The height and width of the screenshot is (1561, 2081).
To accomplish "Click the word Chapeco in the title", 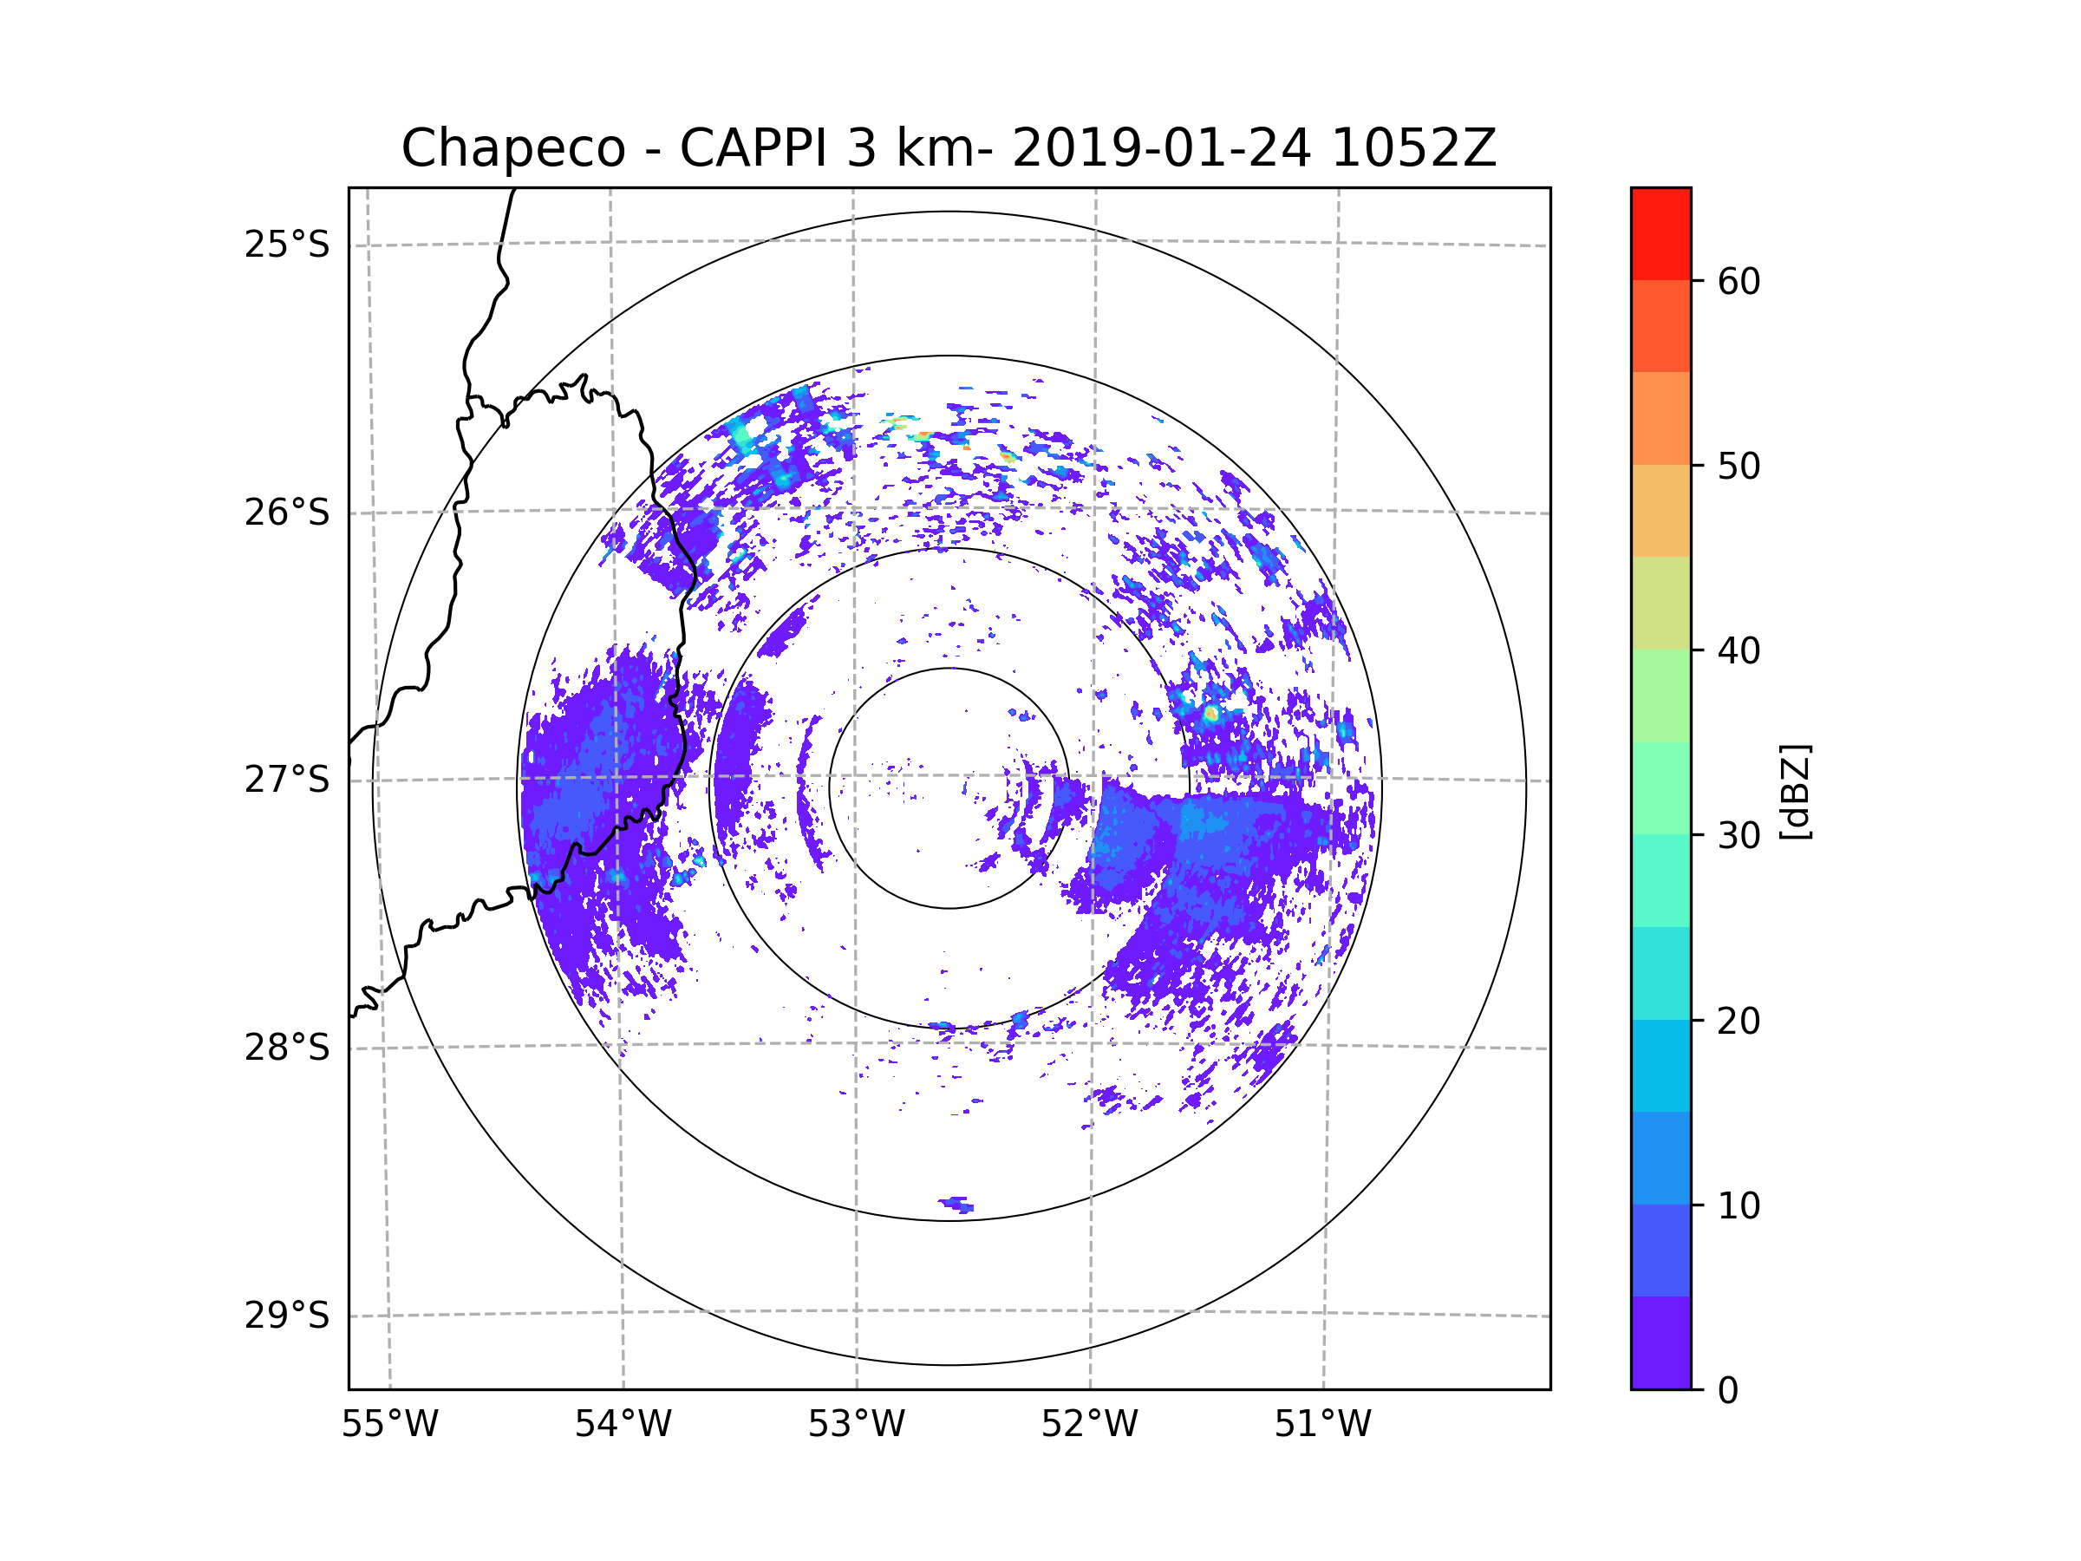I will [512, 148].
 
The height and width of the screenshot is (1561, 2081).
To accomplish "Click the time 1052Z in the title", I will [1413, 148].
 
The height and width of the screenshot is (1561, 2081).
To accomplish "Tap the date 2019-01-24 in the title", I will [1161, 148].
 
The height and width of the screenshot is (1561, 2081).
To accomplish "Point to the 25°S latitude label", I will [287, 245].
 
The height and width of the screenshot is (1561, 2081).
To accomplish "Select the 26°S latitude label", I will [287, 513].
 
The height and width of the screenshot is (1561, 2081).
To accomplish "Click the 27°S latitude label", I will [287, 780].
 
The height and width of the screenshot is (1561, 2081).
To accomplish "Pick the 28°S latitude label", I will [287, 1048].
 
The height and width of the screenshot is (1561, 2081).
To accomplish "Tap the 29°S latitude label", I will [287, 1316].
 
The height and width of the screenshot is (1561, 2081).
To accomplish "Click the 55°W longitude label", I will [389, 1425].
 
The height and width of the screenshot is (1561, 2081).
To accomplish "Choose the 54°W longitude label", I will [623, 1425].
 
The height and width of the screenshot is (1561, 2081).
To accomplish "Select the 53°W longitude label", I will [856, 1425].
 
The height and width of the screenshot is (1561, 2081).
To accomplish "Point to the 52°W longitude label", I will [1089, 1425].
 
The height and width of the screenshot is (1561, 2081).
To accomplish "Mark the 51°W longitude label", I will [1322, 1425].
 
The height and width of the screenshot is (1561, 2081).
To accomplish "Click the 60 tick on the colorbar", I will [1739, 281].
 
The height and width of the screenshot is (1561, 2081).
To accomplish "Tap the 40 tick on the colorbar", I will [1739, 651].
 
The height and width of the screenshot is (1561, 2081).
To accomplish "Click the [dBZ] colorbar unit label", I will [1795, 791].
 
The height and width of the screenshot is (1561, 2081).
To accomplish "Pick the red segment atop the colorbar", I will [1660, 233].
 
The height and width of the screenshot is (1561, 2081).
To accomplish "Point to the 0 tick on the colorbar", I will [1728, 1391].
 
